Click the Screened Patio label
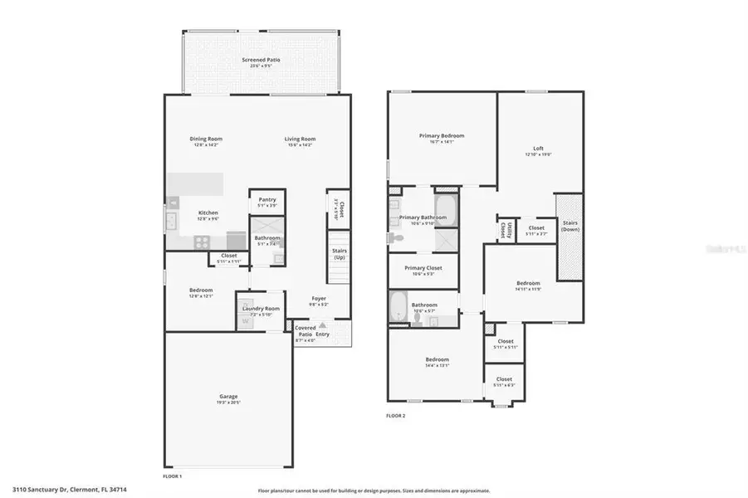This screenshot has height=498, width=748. (260, 61)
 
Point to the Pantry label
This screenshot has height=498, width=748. (266, 200)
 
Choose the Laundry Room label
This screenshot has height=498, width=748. (261, 309)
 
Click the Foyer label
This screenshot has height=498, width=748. (319, 299)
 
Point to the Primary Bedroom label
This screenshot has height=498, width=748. (441, 136)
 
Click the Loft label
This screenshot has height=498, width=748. (538, 149)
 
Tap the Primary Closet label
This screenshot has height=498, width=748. (423, 269)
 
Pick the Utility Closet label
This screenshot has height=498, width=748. (504, 228)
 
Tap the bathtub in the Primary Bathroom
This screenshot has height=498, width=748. (446, 207)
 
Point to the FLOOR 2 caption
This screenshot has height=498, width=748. (396, 415)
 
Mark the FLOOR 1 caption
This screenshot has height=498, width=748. (172, 476)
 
